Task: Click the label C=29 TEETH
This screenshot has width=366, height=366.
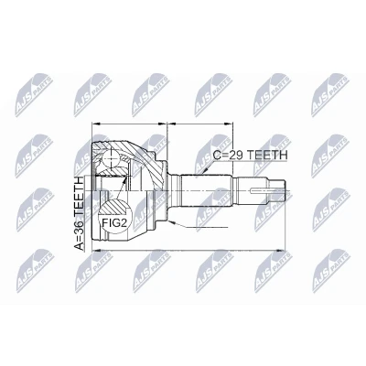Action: pyautogui.click(x=250, y=155)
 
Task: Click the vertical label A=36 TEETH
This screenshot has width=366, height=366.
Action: pyautogui.click(x=80, y=213)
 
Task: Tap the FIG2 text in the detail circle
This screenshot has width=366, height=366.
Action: pyautogui.click(x=113, y=223)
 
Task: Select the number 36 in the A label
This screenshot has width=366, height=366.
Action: pyautogui.click(x=80, y=226)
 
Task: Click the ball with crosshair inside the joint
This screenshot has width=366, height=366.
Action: pyautogui.click(x=111, y=159)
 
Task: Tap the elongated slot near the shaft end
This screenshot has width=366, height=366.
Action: pyautogui.click(x=262, y=191)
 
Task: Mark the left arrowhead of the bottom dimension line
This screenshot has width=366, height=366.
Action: pyautogui.click(x=96, y=251)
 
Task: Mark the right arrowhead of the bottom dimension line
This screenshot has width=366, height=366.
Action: pyautogui.click(x=280, y=251)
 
